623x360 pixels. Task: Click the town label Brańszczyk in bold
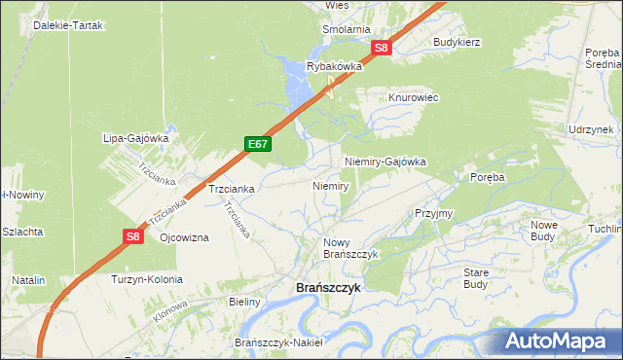328,289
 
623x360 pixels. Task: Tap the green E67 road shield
257,144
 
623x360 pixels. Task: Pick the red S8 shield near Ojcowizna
134,235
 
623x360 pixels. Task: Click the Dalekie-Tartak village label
69,23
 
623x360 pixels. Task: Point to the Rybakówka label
334,66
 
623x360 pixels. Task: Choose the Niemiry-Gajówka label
385,162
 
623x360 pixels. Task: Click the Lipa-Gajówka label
136,138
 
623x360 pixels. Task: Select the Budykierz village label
458,43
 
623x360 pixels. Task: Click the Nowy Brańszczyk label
349,247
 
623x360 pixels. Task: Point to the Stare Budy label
476,278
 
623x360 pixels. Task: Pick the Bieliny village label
245,302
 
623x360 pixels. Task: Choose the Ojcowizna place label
184,238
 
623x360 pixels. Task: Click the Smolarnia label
347,29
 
